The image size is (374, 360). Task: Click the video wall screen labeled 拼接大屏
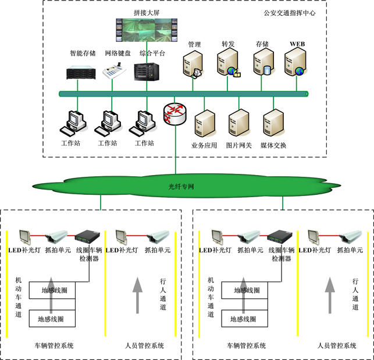click(147, 30)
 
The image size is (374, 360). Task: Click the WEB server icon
click(295, 63)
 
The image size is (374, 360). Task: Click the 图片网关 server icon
click(238, 123)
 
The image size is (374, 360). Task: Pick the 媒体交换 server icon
click(273, 123)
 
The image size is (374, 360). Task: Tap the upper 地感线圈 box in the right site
click(246, 290)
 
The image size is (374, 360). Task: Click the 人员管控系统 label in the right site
click(337, 345)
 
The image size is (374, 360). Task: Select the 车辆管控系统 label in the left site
click(55, 345)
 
